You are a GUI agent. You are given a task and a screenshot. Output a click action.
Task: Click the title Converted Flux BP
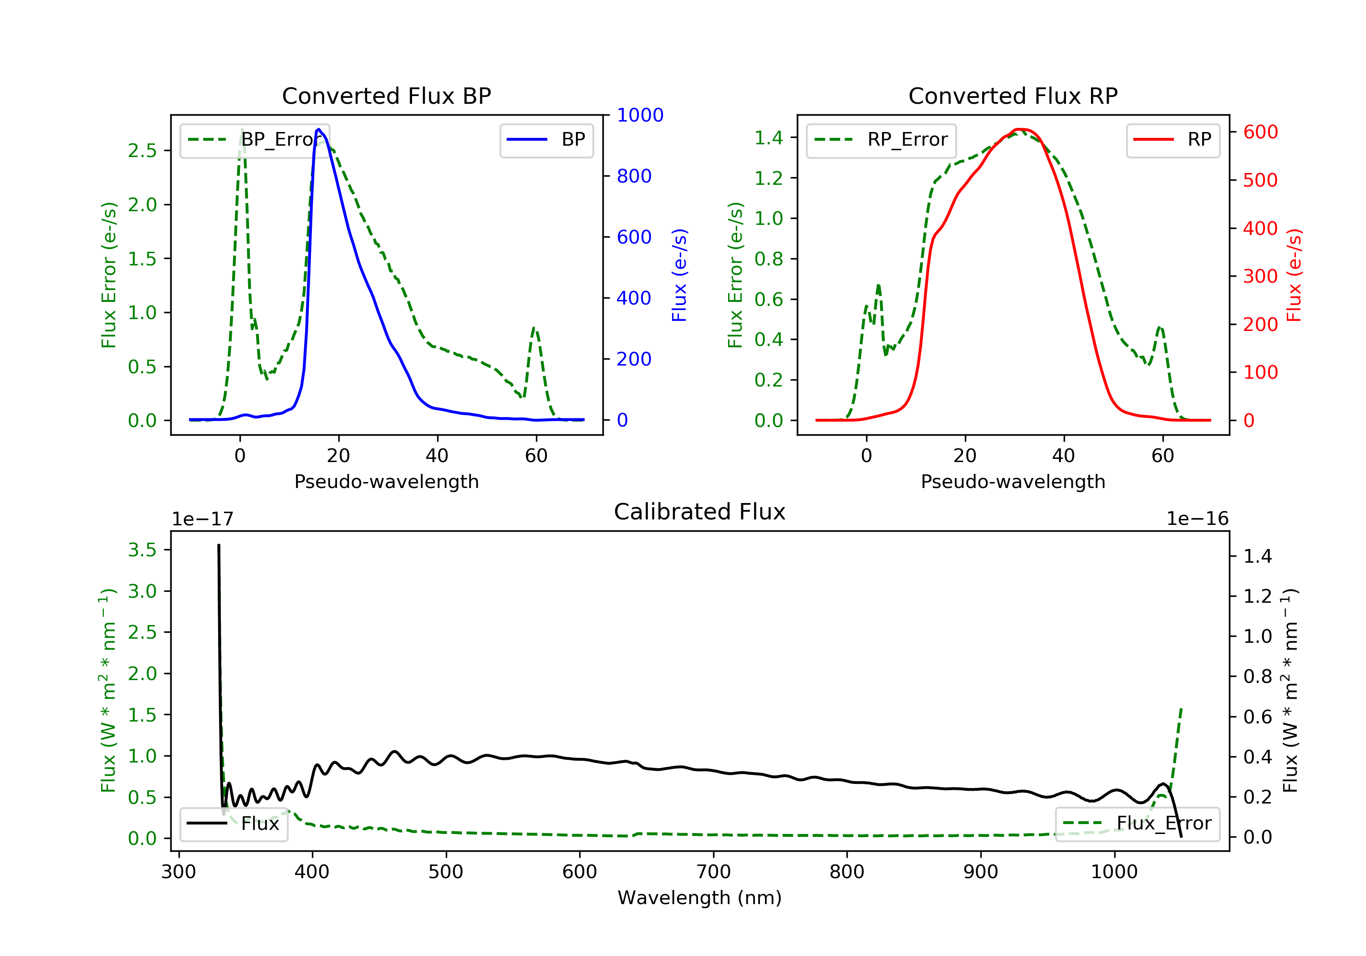click(386, 96)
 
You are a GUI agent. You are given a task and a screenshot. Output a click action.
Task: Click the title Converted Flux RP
click(1013, 96)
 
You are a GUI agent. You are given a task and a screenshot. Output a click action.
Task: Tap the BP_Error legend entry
click(255, 140)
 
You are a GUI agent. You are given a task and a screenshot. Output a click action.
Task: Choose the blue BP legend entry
click(546, 140)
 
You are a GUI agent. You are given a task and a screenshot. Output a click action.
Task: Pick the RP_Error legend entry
click(881, 140)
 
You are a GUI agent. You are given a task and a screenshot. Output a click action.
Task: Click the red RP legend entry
click(1172, 140)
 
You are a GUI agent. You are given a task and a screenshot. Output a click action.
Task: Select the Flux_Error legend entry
click(1137, 824)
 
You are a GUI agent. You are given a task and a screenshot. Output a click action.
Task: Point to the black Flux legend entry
click(234, 824)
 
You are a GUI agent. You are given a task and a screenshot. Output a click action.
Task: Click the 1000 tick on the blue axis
click(640, 115)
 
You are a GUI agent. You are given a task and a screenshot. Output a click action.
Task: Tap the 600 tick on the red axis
click(1260, 132)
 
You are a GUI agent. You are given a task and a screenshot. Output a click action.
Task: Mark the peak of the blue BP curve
click(319, 129)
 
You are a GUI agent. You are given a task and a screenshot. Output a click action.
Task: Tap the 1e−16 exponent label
click(1197, 519)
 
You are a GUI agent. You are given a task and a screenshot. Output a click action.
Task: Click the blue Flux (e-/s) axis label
click(679, 275)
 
